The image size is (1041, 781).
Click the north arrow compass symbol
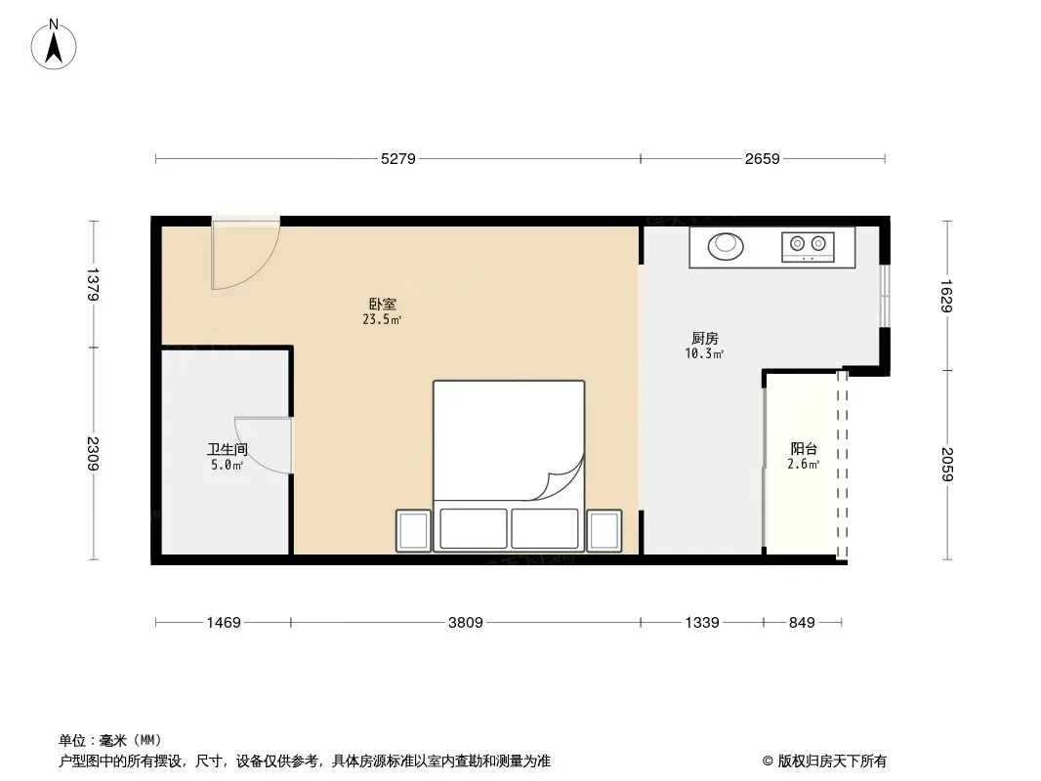55,44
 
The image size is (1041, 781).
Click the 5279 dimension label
398,158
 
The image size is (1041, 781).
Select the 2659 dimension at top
762,158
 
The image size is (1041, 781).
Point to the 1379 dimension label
94,284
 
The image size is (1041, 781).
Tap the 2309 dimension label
94,454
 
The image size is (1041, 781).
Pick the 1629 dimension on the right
945,296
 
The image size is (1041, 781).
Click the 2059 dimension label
945,465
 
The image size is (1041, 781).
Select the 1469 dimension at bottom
223,622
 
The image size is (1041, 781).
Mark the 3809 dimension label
465,622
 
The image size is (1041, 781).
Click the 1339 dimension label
701,622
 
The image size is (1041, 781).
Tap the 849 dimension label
801,622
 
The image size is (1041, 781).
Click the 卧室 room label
382,305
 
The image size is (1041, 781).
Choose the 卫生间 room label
227,450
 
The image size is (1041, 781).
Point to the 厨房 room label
703,339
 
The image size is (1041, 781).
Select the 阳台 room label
804,449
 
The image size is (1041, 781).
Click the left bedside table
413,530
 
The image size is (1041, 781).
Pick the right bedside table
604,530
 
